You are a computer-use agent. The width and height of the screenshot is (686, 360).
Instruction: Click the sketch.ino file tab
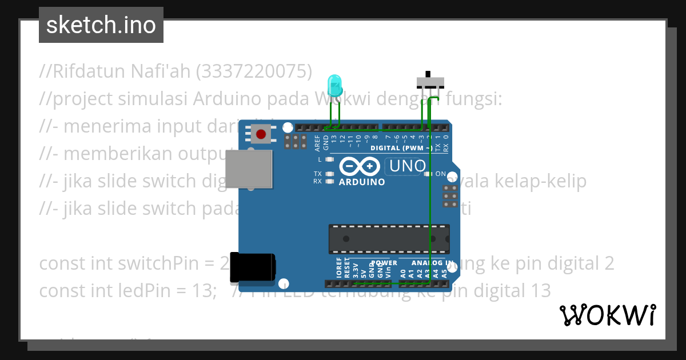pyautogui.click(x=101, y=25)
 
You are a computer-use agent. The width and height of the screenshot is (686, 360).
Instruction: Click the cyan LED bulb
pyautogui.click(x=334, y=86)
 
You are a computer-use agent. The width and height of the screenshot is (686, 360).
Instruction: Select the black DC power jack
pyautogui.click(x=252, y=267)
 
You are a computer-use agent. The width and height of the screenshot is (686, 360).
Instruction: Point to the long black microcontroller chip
pyautogui.click(x=389, y=239)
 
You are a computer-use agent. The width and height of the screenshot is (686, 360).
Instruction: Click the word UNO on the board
pyautogui.click(x=407, y=166)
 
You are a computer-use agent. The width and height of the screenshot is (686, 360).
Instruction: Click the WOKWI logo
pyautogui.click(x=607, y=315)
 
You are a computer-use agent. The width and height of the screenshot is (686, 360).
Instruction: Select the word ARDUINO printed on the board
pyautogui.click(x=362, y=182)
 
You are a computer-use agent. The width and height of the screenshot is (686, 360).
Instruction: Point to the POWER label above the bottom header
pyautogui.click(x=384, y=263)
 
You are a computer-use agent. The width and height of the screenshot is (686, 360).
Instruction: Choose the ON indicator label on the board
pyautogui.click(x=441, y=173)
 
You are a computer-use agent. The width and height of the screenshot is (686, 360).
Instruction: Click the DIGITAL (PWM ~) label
pyautogui.click(x=402, y=147)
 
